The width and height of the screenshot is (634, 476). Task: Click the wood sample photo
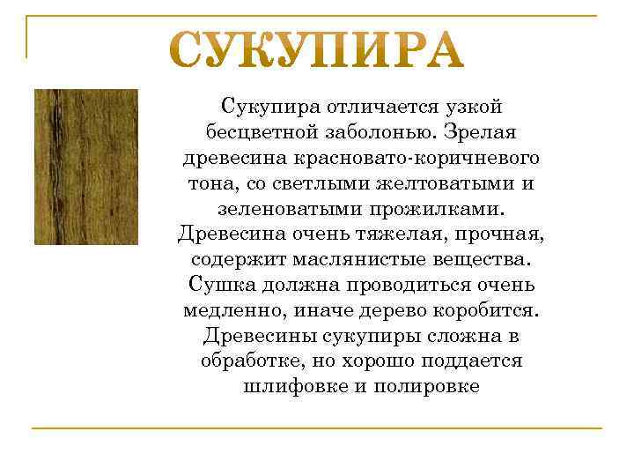coord(85,167)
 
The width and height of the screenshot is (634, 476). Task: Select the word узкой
coord(472,107)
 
